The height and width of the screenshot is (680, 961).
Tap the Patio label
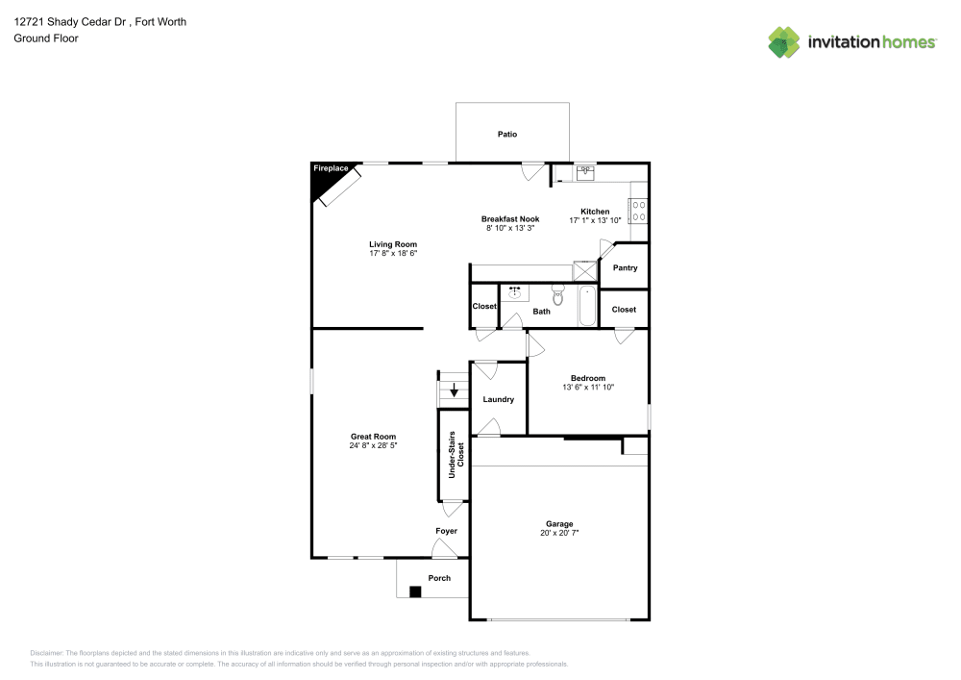pyautogui.click(x=506, y=134)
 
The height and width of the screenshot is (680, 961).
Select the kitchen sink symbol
pyautogui.click(x=585, y=173)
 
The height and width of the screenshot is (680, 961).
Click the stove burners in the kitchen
pyautogui.click(x=638, y=211)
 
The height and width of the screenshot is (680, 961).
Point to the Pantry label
pyautogui.click(x=625, y=268)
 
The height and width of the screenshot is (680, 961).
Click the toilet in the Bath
pyautogui.click(x=558, y=292)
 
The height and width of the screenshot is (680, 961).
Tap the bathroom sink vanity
pyautogui.click(x=516, y=290)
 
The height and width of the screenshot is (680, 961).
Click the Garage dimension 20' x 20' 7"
pyautogui.click(x=559, y=533)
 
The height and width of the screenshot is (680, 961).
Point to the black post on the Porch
pyautogui.click(x=414, y=592)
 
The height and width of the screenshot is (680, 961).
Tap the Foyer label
pyautogui.click(x=446, y=531)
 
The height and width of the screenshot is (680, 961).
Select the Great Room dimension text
pyautogui.click(x=373, y=445)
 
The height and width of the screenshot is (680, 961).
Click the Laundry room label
pyautogui.click(x=498, y=399)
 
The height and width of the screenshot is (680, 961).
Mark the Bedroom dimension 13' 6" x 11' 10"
pyautogui.click(x=587, y=388)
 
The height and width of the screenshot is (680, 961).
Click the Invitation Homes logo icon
pyautogui.click(x=783, y=41)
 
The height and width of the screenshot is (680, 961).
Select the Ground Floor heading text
pyautogui.click(x=46, y=38)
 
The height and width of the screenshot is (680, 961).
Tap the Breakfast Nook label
pyautogui.click(x=510, y=219)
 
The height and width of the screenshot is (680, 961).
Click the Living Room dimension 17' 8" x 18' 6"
pyautogui.click(x=393, y=253)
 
